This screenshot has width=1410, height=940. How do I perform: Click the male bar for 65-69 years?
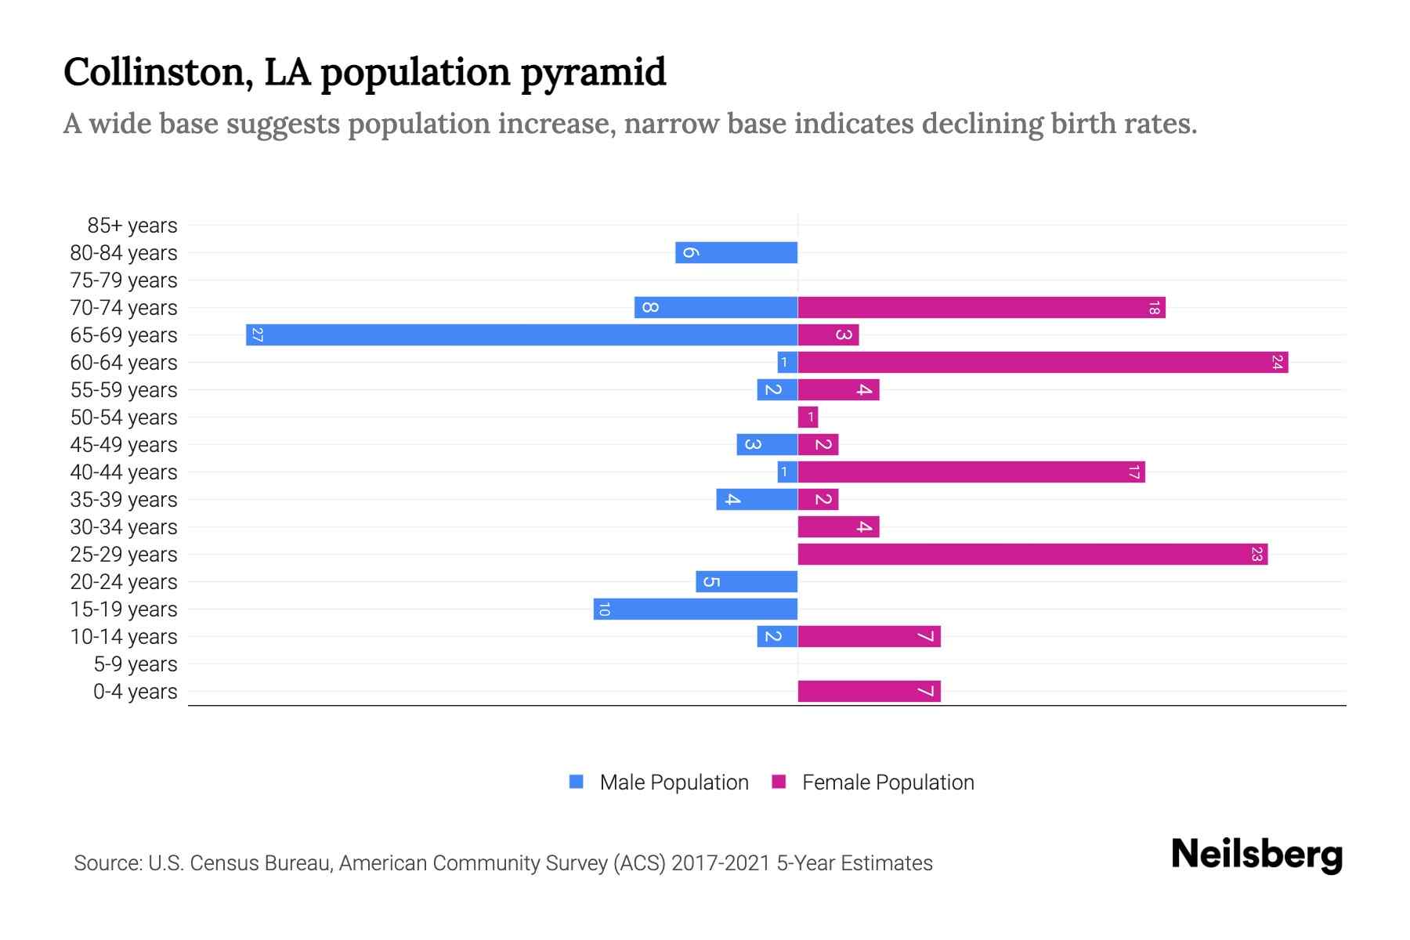[x=522, y=335]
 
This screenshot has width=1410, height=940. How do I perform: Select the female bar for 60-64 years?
[x=1043, y=363]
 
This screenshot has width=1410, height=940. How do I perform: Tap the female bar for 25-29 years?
[x=1032, y=555]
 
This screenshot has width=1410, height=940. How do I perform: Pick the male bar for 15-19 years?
[x=696, y=609]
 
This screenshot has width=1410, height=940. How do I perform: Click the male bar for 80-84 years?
[x=736, y=253]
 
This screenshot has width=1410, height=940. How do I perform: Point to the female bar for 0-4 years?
[x=869, y=692]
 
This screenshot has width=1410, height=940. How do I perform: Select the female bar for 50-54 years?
[x=808, y=418]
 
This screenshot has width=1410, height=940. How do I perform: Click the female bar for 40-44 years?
[x=971, y=472]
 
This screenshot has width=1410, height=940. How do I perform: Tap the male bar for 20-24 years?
[x=747, y=582]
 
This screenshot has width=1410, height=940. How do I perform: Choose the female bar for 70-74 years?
[x=982, y=308]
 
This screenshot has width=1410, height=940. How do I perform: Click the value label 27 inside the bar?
[x=257, y=335]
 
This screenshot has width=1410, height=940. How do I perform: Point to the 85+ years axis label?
[x=132, y=226]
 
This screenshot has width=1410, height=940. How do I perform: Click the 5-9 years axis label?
[x=136, y=664]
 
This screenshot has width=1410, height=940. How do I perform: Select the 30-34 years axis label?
[x=124, y=527]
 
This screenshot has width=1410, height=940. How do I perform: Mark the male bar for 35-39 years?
[x=757, y=500]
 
